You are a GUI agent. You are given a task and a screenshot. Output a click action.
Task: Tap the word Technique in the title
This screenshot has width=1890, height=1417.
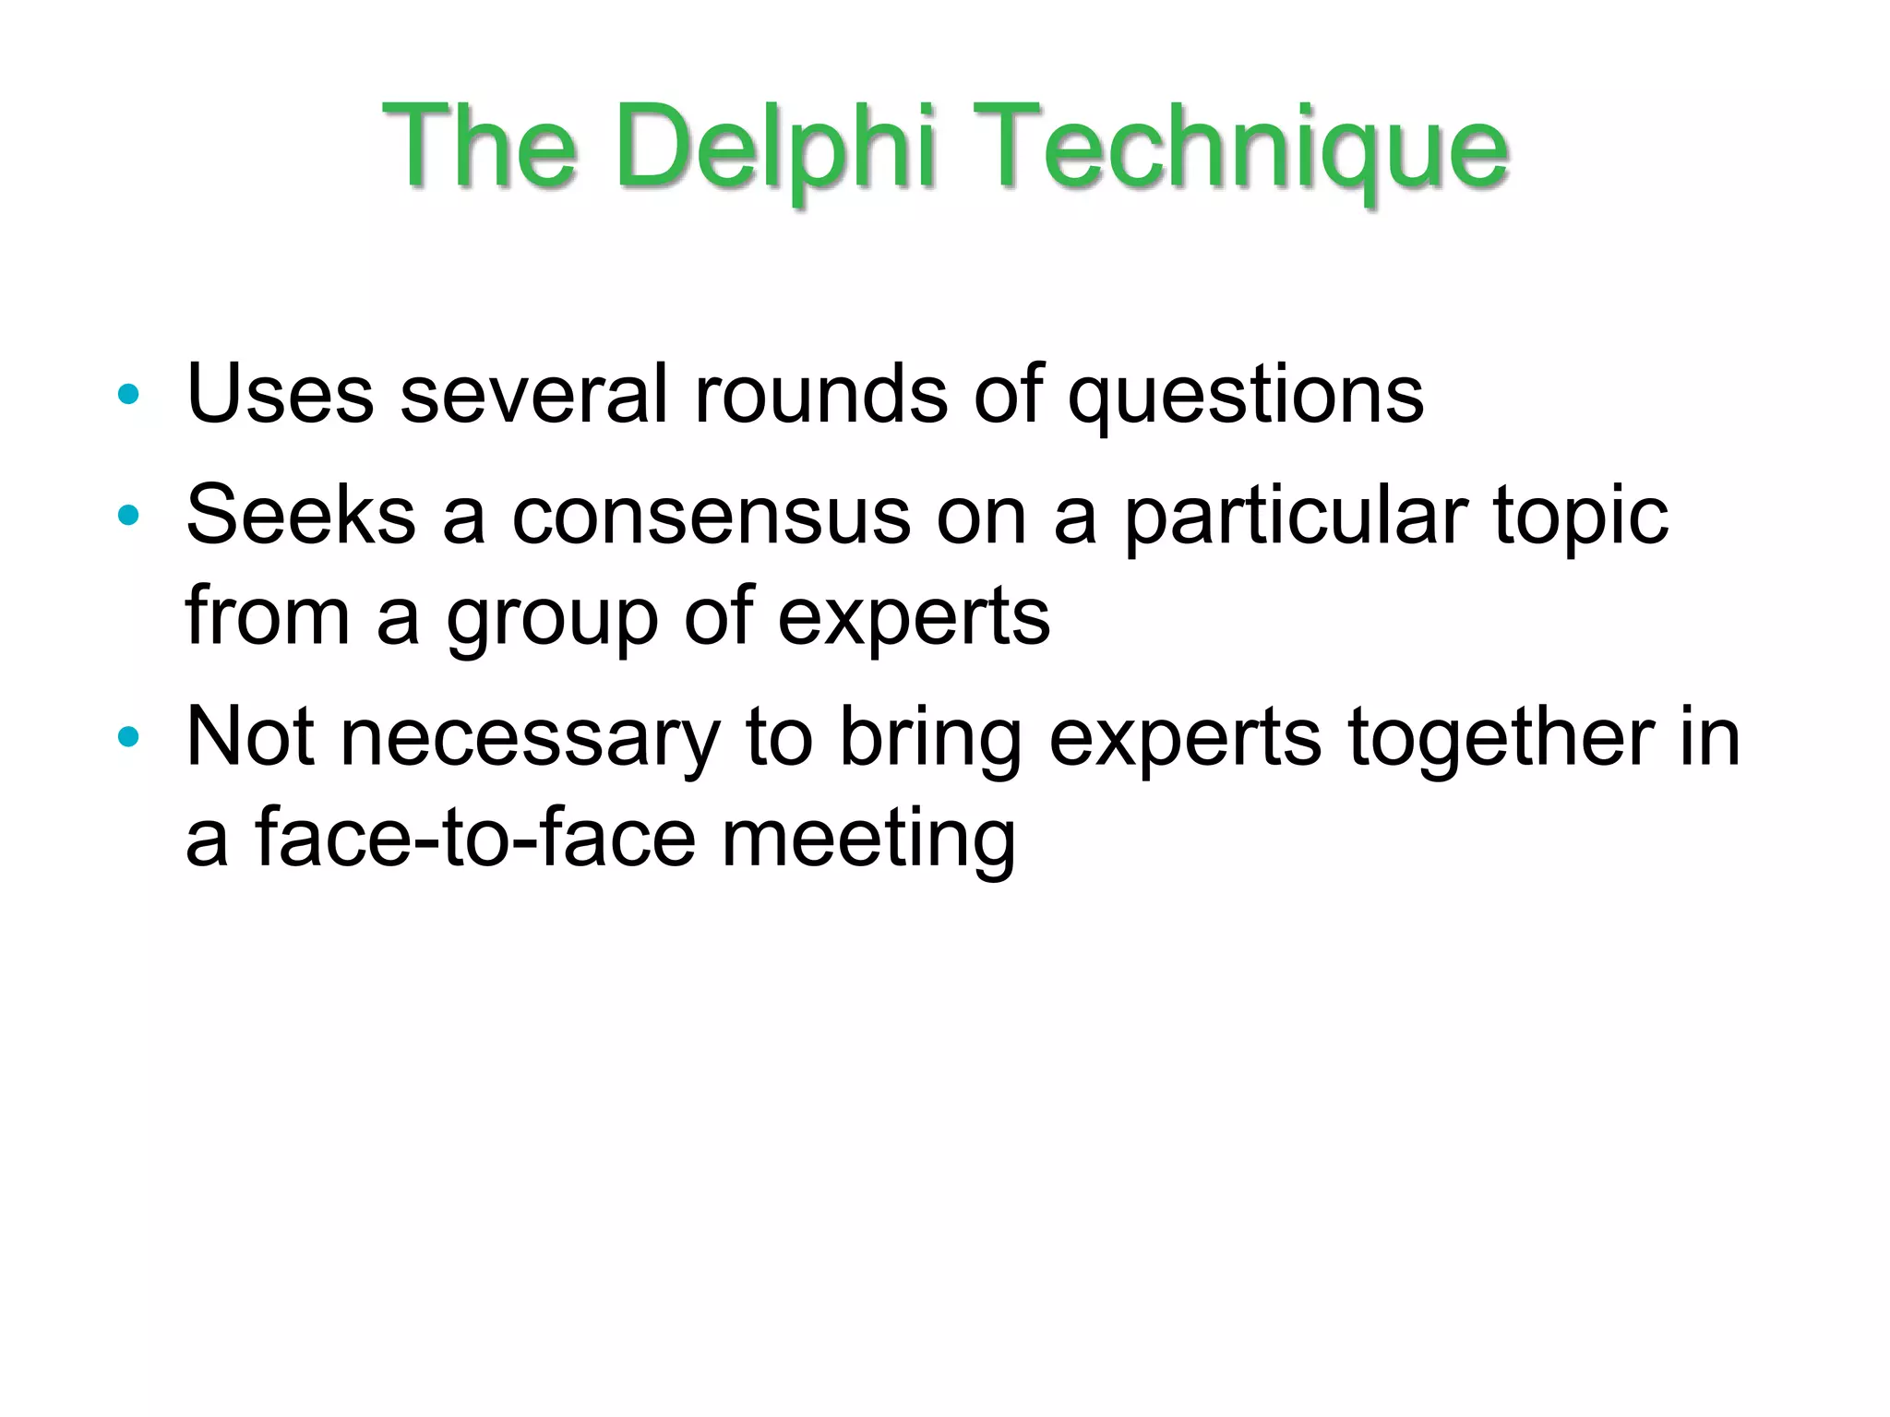[1240, 148]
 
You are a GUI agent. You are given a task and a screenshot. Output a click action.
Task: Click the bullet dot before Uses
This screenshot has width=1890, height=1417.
[128, 395]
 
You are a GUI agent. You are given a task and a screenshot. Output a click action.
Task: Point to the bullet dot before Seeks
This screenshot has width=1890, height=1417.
[128, 516]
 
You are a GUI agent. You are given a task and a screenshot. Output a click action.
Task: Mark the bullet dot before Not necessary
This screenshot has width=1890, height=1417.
[128, 737]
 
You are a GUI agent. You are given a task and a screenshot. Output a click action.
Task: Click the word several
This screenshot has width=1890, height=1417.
[533, 394]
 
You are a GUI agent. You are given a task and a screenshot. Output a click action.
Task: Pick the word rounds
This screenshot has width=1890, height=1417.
[820, 394]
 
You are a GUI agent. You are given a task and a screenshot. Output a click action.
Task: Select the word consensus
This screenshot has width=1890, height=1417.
[712, 516]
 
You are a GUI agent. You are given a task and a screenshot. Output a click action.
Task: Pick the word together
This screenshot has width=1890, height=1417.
[1500, 737]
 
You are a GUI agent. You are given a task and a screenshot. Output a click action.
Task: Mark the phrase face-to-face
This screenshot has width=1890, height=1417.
[475, 838]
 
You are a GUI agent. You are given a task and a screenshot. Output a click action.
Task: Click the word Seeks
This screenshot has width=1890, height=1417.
[301, 515]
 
